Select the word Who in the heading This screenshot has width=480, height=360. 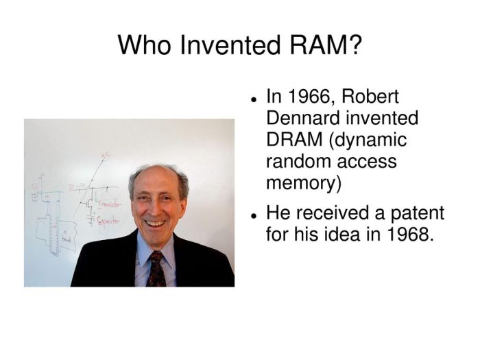click(x=145, y=45)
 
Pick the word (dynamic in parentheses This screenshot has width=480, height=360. click(x=368, y=139)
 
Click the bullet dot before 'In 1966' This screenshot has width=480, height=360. click(x=254, y=99)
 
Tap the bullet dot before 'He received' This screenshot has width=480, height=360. click(x=254, y=215)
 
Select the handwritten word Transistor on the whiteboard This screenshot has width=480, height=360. click(x=110, y=204)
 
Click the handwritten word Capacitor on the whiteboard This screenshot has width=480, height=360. click(x=108, y=222)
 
